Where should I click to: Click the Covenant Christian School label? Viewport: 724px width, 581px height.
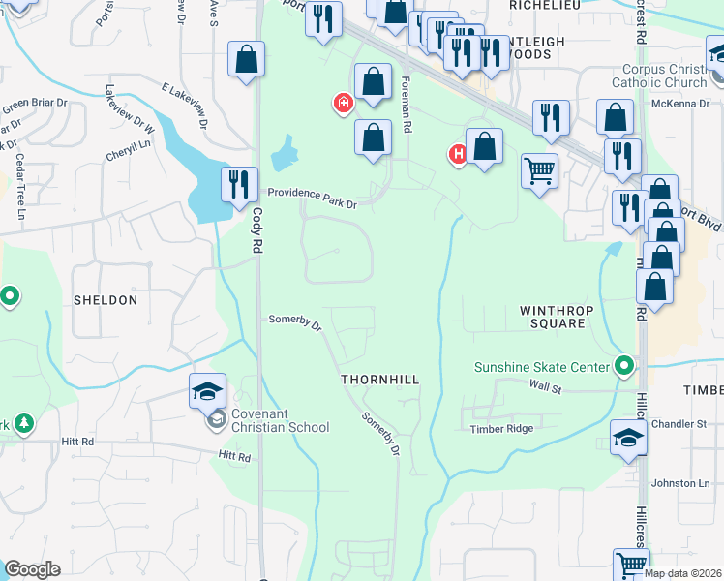[x=280, y=420]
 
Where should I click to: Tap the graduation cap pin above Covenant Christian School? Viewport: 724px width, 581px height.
[x=208, y=391]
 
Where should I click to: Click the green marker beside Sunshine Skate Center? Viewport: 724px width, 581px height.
[x=624, y=367]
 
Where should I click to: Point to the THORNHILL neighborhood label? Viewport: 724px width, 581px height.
[x=380, y=381]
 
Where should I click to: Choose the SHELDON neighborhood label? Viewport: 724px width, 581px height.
[x=106, y=300]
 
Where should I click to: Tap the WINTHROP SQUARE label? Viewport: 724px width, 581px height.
[x=553, y=317]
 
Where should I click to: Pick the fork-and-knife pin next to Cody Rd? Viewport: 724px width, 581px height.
[x=238, y=183]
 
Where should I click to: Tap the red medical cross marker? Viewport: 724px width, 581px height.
[x=342, y=104]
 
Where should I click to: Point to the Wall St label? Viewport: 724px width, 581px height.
[x=546, y=385]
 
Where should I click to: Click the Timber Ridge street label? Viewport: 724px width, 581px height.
[x=501, y=429]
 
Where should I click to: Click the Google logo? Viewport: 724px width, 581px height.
[x=32, y=569]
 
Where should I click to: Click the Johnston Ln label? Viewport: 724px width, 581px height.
[x=680, y=483]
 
